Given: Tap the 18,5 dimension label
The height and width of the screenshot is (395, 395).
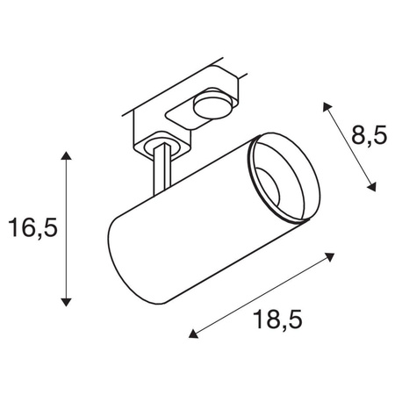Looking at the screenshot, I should point(273,321).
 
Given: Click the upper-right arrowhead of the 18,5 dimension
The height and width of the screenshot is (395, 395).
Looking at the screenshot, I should point(331,256).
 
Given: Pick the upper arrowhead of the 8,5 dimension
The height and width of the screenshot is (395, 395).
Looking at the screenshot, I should point(327,104).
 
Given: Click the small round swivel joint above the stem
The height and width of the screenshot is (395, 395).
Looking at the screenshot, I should point(159,142).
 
